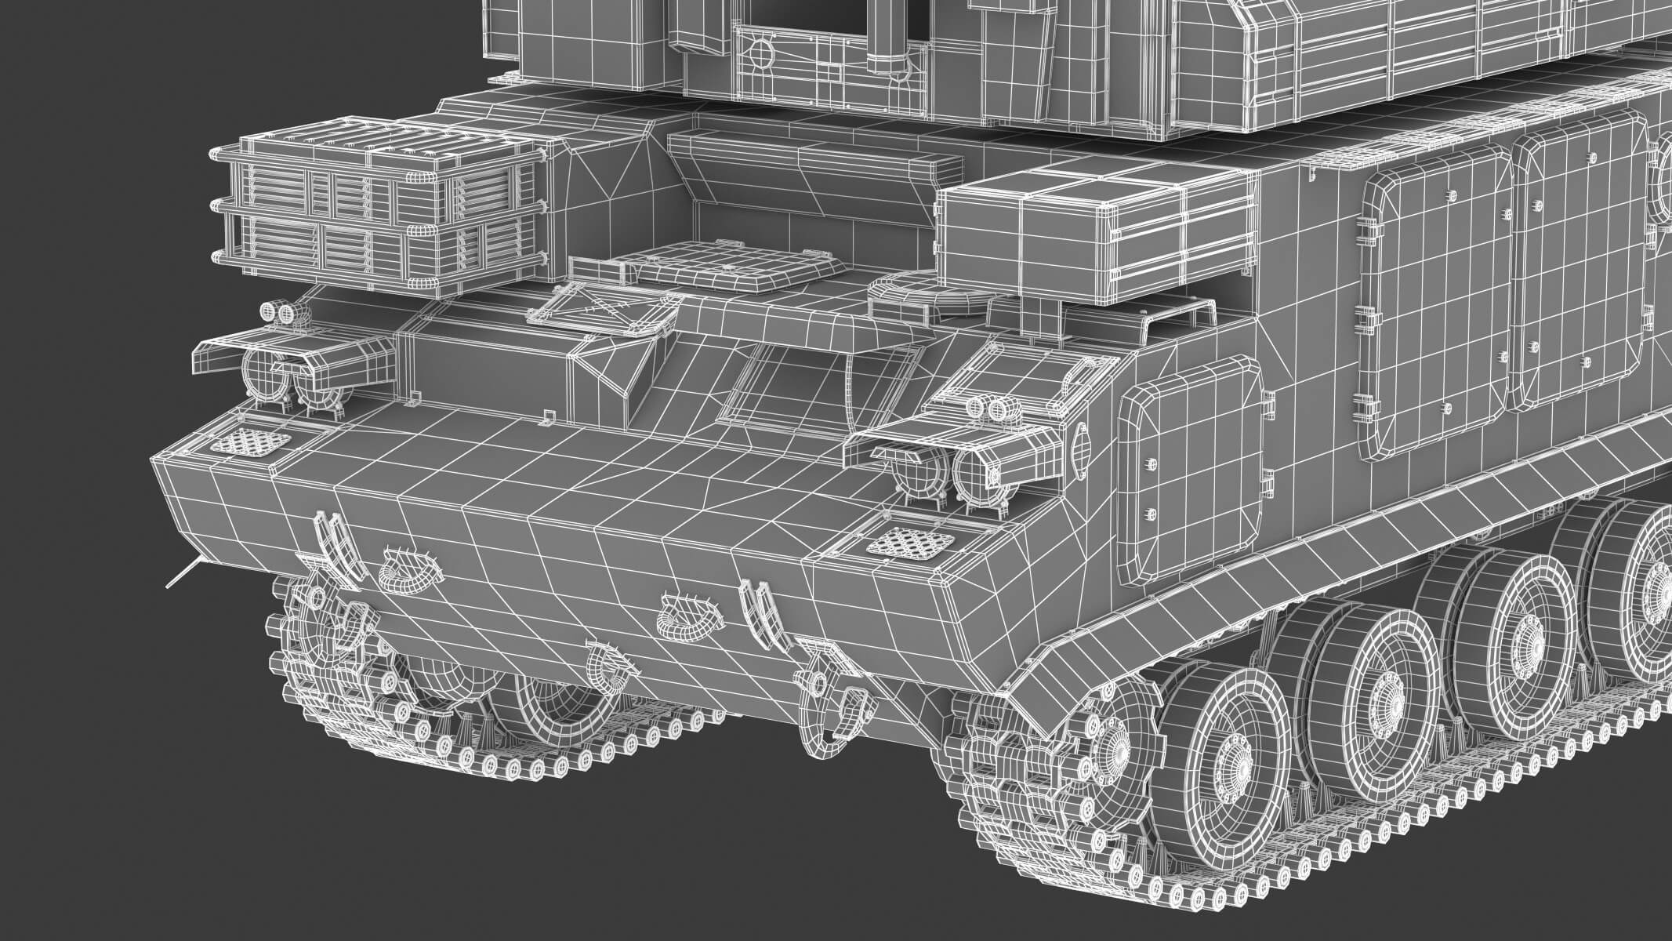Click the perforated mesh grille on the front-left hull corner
click(x=250, y=443)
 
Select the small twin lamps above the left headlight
click(x=280, y=312)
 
